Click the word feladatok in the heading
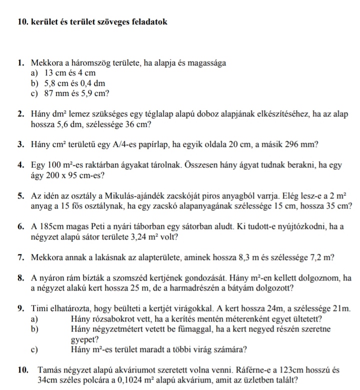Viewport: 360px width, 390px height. (x=145, y=22)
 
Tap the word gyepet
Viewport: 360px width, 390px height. (x=84, y=338)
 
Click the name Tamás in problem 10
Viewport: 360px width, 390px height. (x=49, y=370)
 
